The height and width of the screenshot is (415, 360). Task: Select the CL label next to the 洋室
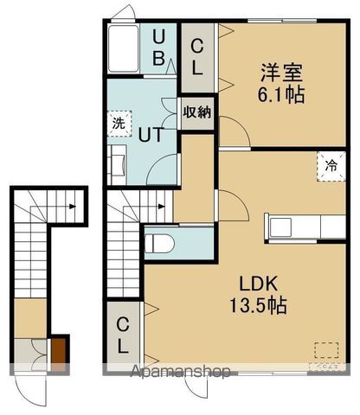tap(197, 56)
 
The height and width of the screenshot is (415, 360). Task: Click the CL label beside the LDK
tap(124, 335)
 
